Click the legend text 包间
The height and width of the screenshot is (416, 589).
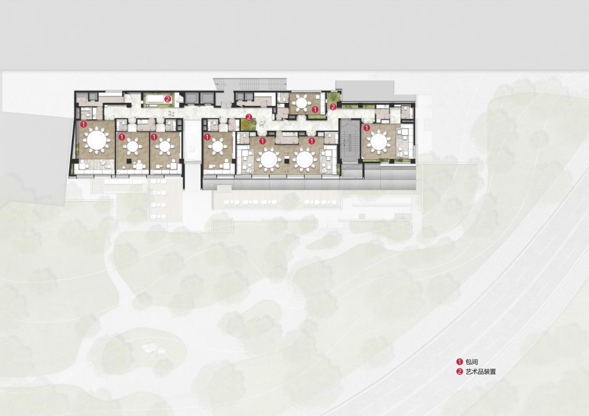pos(472,362)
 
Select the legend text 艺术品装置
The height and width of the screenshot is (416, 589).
pos(481,372)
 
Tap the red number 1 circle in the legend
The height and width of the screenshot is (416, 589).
pos(459,362)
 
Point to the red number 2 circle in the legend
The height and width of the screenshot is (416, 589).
pos(459,372)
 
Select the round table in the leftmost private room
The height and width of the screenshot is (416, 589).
pos(97,140)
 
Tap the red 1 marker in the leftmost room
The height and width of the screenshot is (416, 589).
pos(83,124)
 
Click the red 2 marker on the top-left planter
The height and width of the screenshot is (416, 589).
pos(168,99)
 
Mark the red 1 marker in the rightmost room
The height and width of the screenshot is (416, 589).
pos(367,127)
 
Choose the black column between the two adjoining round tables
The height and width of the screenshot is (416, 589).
pos(286,160)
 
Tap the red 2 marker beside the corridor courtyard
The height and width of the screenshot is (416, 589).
pos(249,117)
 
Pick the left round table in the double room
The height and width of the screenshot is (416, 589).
pos(269,159)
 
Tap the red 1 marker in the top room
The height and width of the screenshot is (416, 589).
pos(315,110)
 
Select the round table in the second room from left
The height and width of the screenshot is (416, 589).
pos(133,146)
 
